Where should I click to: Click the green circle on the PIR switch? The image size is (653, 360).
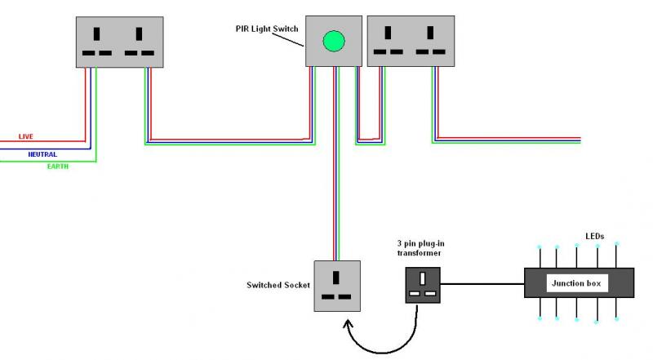click(x=333, y=40)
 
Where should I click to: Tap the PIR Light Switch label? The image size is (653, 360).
click(x=266, y=29)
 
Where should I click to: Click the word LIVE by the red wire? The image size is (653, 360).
click(x=25, y=136)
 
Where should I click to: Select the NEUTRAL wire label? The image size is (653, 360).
click(x=42, y=154)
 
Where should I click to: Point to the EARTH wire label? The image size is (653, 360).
click(x=57, y=167)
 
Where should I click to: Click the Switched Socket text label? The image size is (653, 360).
click(x=278, y=285)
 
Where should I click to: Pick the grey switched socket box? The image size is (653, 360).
click(x=337, y=285)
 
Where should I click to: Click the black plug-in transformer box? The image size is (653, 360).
click(x=423, y=285)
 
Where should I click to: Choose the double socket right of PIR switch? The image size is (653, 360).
click(x=411, y=42)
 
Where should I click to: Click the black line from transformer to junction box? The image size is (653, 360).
click(x=482, y=285)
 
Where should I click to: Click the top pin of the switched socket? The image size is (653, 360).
click(x=337, y=274)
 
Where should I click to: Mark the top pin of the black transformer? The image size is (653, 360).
click(x=423, y=276)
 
